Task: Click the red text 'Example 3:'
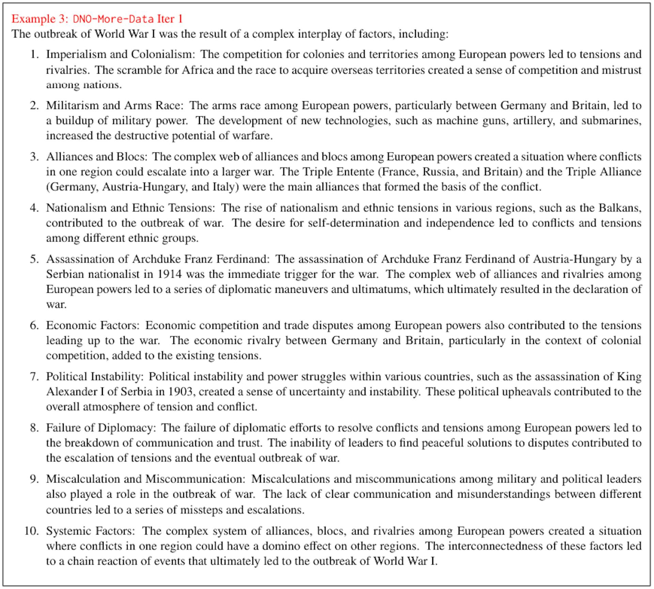pos(40,19)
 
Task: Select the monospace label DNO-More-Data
pos(113,19)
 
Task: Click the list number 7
pos(34,376)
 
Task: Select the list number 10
pos(32,531)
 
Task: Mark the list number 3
pos(34,156)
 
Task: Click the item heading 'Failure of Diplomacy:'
pos(101,427)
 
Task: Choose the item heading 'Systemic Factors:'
pos(91,531)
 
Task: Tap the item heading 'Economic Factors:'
pos(93,325)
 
